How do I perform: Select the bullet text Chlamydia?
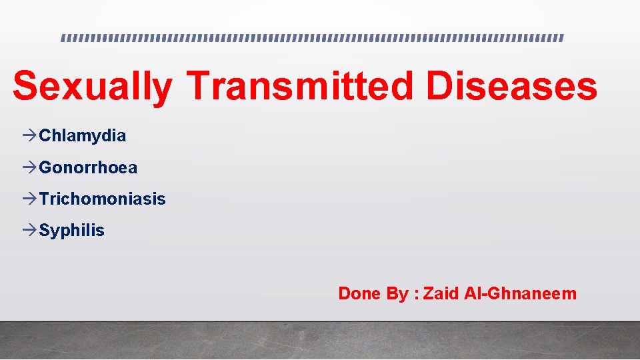[82, 137]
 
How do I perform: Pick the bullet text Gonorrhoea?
[88, 168]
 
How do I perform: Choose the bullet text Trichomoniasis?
[102, 199]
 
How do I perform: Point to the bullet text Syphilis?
[71, 231]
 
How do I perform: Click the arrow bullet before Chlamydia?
[29, 137]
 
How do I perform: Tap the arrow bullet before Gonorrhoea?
[29, 168]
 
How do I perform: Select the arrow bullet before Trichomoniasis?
[29, 199]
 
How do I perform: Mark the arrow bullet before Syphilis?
[29, 231]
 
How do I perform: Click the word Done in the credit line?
[360, 294]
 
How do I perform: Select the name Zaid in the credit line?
[441, 294]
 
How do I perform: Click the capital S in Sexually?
[26, 87]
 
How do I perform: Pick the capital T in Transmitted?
[200, 87]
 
